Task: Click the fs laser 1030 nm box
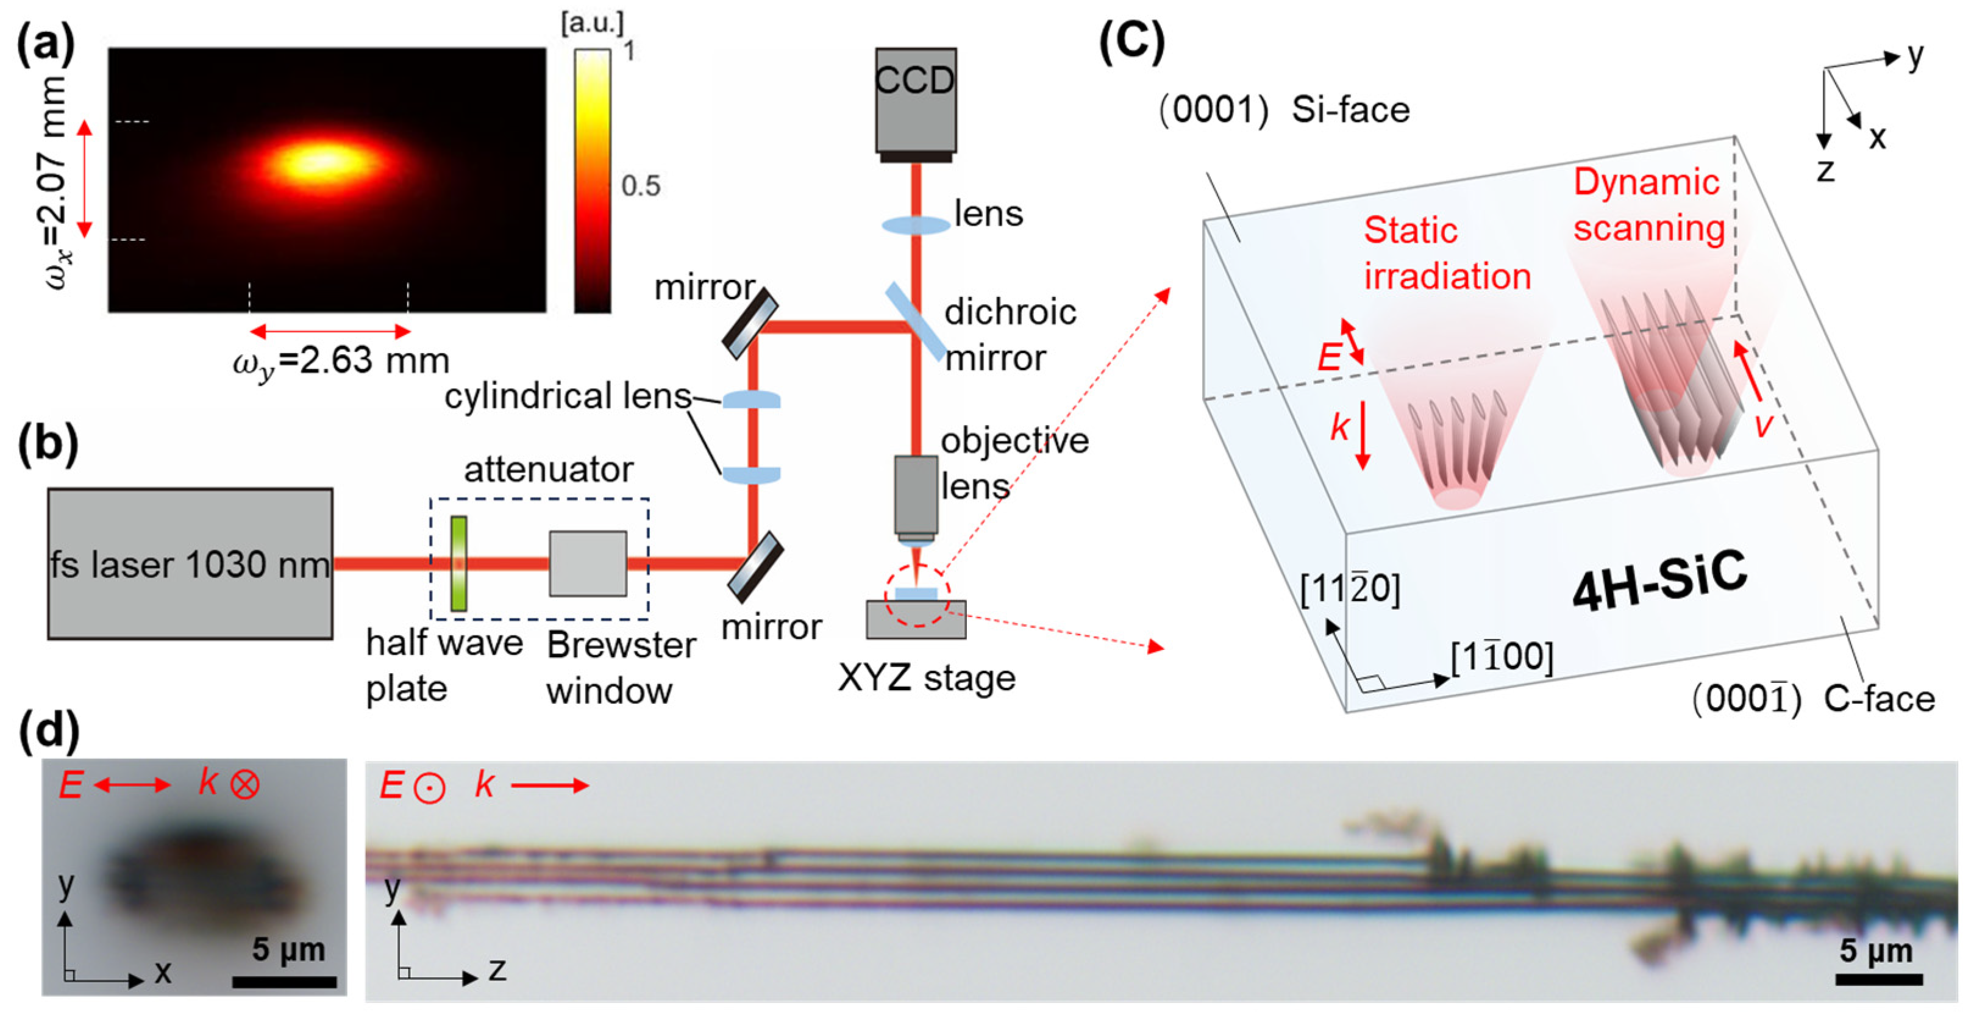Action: (190, 563)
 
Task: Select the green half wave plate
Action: (458, 563)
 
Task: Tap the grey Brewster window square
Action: (588, 563)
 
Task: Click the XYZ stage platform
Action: (916, 619)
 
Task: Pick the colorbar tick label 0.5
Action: (640, 185)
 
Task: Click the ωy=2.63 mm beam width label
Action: (341, 361)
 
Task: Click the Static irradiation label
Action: (1447, 253)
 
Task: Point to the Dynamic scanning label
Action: (1648, 205)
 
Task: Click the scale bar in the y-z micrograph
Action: (1878, 979)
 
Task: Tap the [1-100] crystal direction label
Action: (1502, 657)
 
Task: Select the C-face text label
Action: (1878, 699)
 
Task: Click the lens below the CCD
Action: (916, 224)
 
